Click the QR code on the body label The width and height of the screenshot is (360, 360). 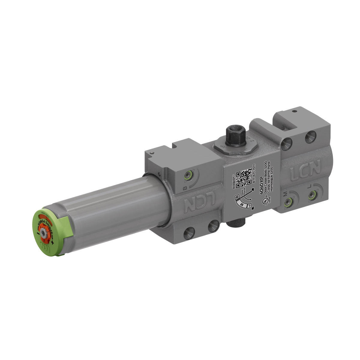tap(243, 177)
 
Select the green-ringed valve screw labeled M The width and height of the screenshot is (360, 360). tap(289, 201)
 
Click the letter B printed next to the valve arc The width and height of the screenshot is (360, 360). tap(185, 188)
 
